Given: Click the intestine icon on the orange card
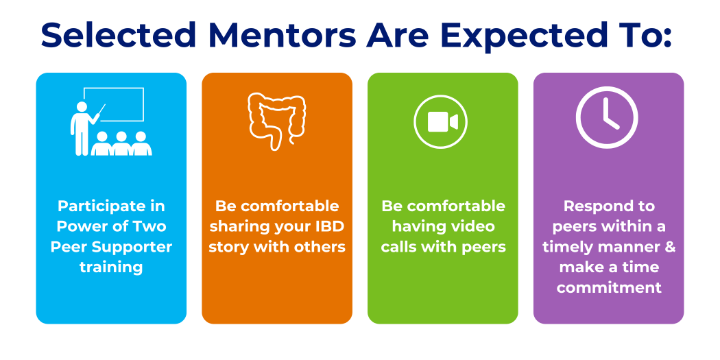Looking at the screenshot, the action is pos(277,121).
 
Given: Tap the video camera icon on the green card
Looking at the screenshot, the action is pos(441,121).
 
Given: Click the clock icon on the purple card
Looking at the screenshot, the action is pos(607,117).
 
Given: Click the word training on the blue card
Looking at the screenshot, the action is pos(111,267).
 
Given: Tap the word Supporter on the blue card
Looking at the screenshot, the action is pos(131,248).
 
